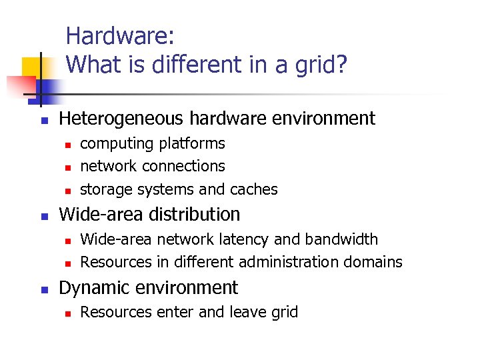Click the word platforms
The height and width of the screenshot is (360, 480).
pyautogui.click(x=191, y=144)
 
